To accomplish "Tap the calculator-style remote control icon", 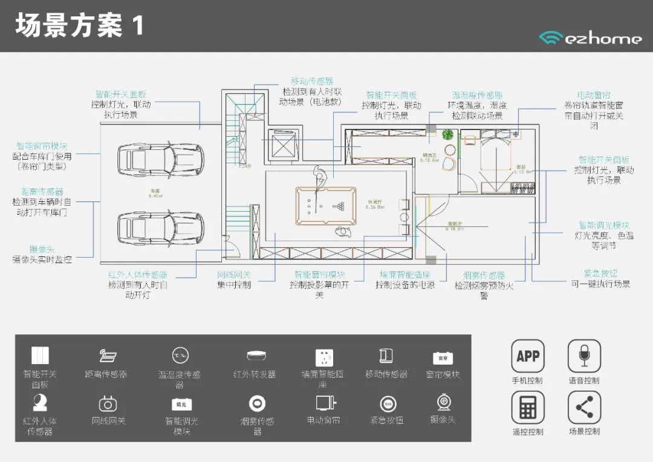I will coord(527,408).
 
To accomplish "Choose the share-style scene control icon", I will coord(584,408).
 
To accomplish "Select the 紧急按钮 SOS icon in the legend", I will coord(388,404).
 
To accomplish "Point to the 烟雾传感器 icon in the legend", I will coord(258,403).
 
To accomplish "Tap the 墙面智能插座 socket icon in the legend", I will coord(324,357).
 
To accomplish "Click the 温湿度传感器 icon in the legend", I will coord(180,356).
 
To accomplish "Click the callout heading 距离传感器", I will coord(42,192).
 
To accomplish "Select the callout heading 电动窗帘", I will coord(594,96).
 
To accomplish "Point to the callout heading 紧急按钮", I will coord(600,273).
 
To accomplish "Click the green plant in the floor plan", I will coord(448,134).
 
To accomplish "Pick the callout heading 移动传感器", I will coord(312,81).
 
